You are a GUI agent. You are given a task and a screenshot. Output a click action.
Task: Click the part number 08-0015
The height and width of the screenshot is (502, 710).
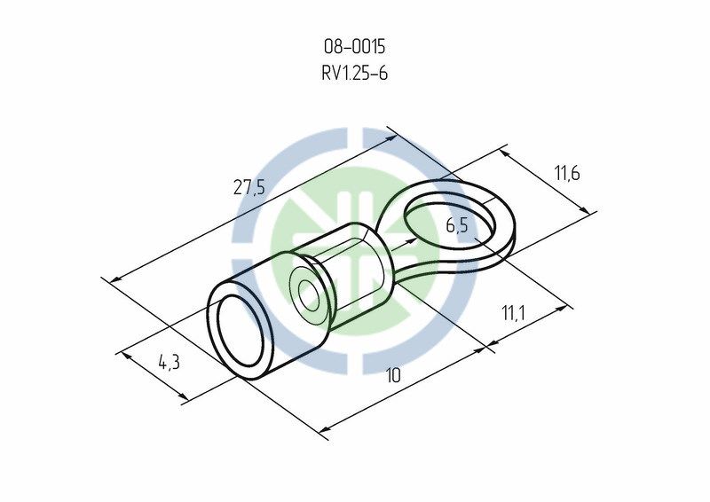354,47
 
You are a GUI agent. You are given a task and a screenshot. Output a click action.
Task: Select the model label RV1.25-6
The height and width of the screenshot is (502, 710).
354,73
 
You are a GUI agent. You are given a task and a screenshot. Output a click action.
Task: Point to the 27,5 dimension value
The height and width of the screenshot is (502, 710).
248,186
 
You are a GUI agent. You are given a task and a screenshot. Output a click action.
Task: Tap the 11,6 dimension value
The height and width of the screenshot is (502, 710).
566,173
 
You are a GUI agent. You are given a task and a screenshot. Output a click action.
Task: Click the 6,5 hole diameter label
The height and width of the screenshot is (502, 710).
457,225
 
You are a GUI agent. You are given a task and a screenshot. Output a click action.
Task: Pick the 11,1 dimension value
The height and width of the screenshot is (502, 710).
513,312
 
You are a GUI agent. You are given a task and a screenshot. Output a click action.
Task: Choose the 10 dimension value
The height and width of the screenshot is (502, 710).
393,375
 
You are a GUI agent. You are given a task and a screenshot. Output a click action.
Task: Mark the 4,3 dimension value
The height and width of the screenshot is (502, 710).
169,362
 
